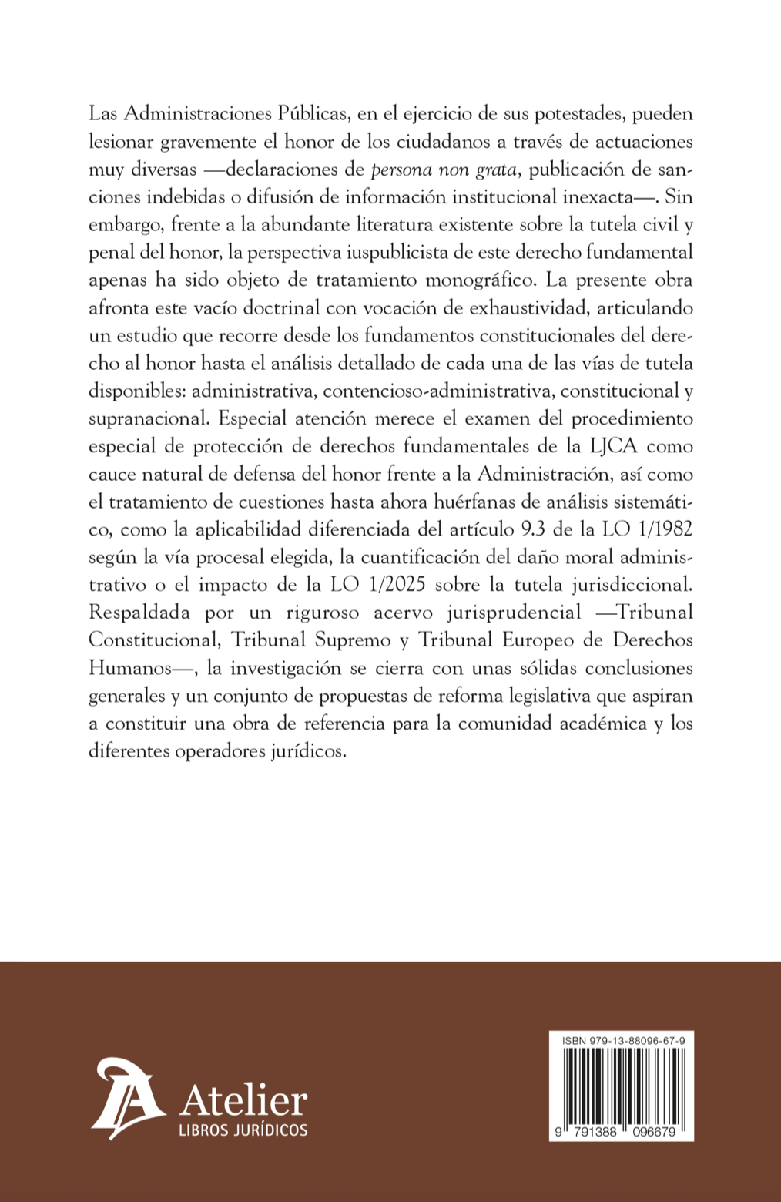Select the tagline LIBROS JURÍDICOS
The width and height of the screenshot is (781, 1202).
[243, 1130]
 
